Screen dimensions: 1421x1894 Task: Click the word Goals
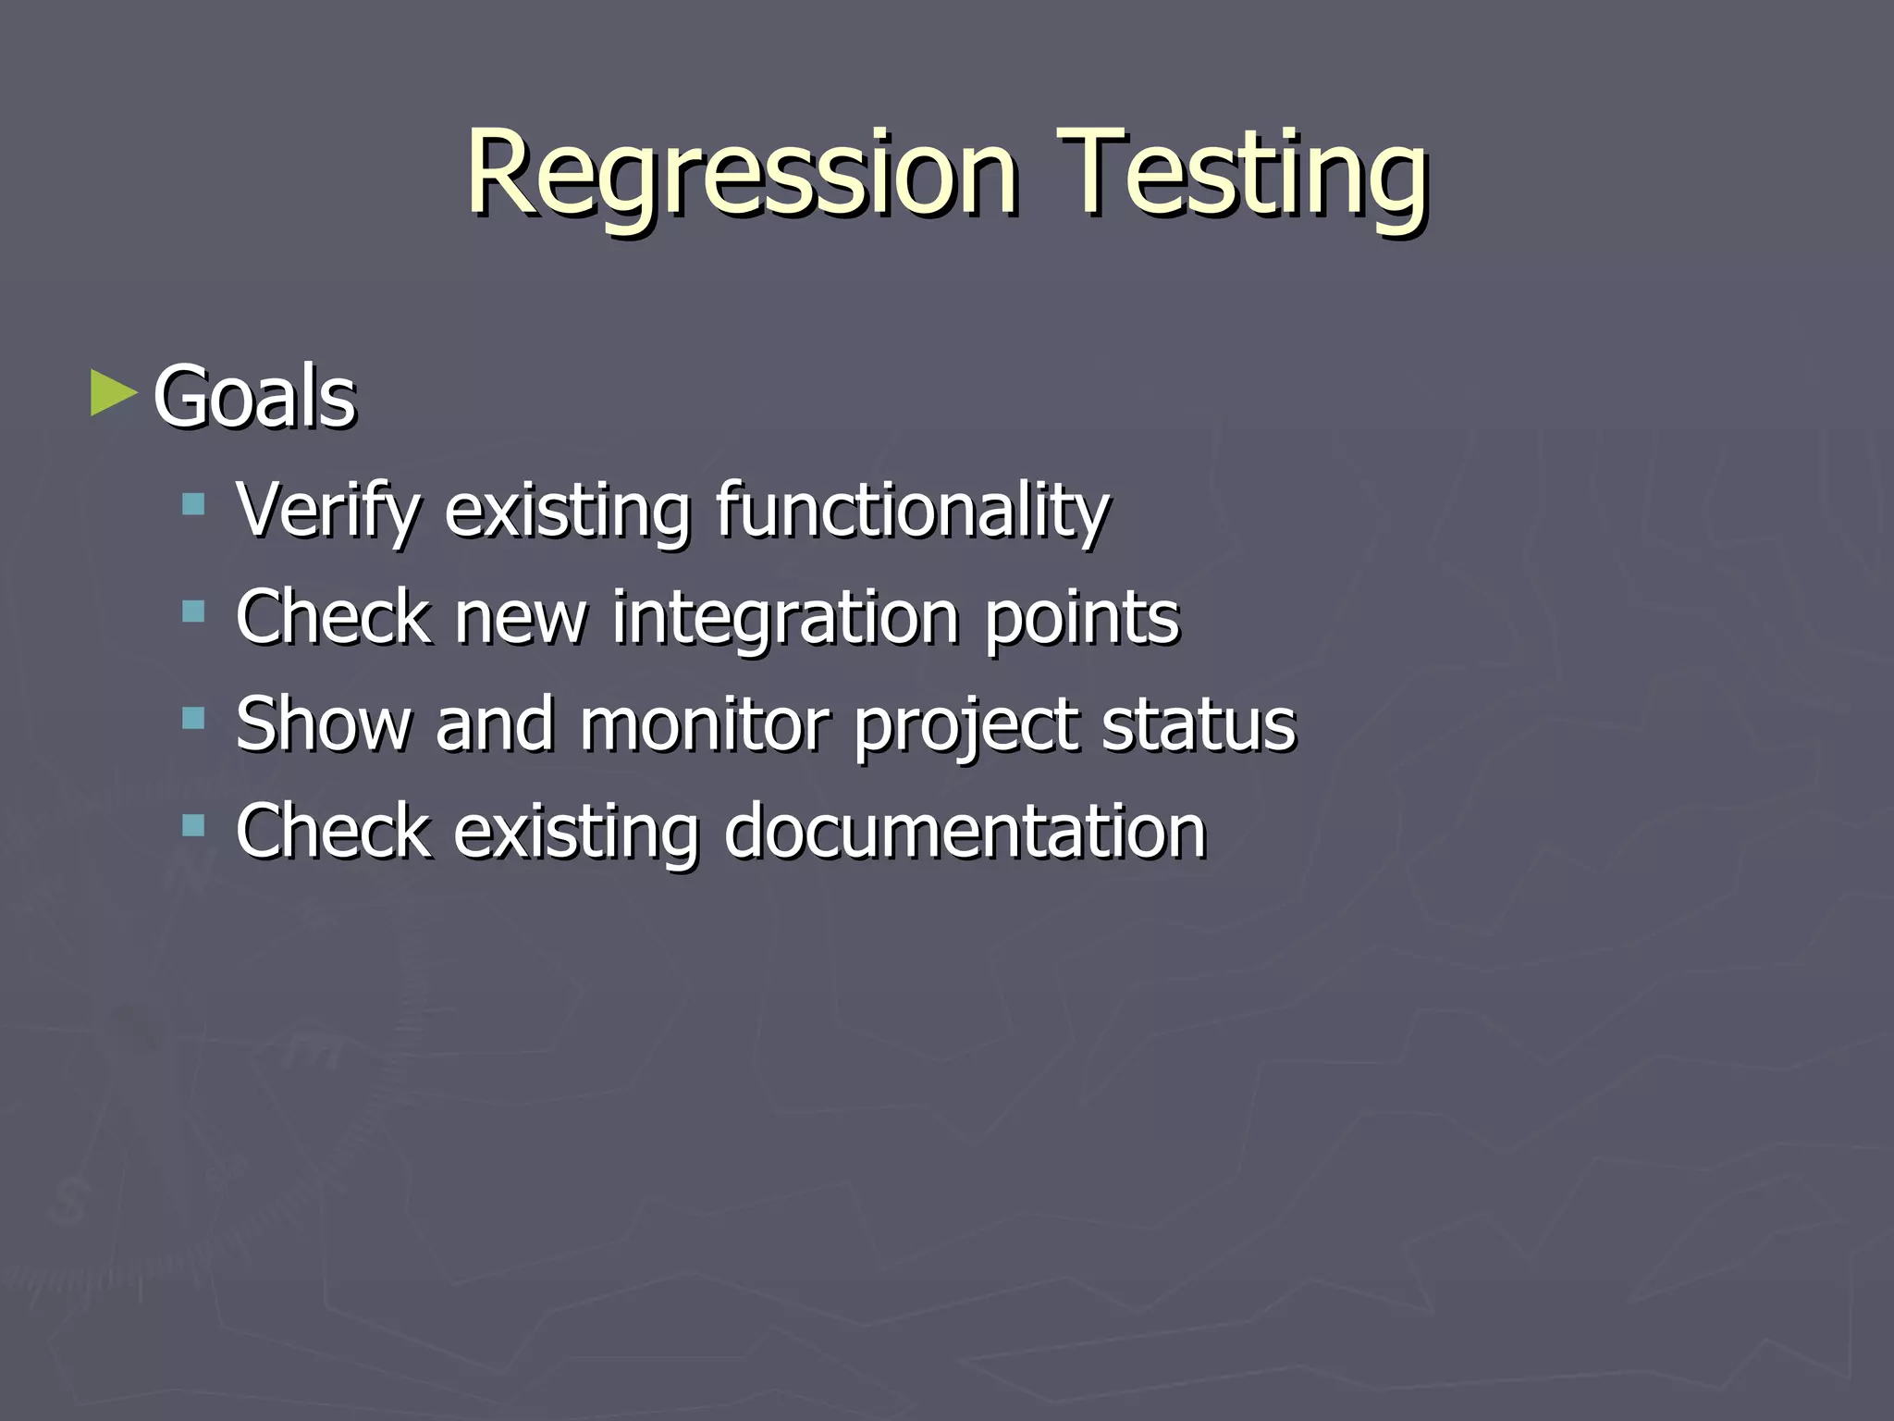[254, 398]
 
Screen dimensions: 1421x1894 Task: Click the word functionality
[912, 511]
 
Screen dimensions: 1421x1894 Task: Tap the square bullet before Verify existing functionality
[193, 504]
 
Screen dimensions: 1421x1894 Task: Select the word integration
[785, 617]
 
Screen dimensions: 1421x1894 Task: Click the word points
[1081, 617]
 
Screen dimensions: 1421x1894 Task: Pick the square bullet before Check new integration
[193, 611]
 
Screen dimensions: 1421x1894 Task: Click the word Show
[323, 723]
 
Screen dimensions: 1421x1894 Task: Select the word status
[1199, 723]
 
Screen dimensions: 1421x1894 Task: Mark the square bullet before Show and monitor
[193, 718]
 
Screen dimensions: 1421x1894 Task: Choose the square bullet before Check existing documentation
[193, 824]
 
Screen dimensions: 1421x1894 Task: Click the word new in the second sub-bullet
[521, 619]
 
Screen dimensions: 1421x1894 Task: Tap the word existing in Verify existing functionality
[567, 511]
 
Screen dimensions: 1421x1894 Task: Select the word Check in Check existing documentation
[333, 831]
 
